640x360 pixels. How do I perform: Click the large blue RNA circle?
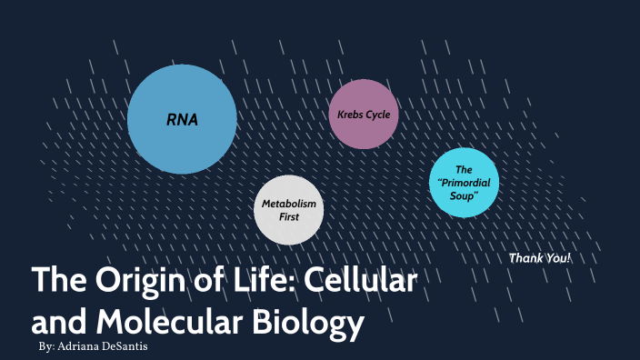(182, 119)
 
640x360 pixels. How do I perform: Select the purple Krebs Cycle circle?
(364, 115)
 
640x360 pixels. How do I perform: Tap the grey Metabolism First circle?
(288, 210)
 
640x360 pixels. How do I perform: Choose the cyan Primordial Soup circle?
(464, 183)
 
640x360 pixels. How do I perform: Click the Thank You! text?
(540, 258)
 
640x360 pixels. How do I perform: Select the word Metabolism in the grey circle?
(288, 204)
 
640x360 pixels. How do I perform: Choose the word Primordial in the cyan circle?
(465, 183)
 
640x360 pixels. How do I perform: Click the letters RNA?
(182, 119)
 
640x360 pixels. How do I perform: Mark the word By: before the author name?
(50, 348)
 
